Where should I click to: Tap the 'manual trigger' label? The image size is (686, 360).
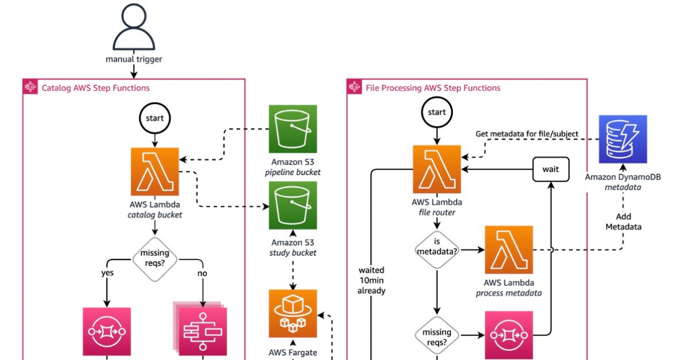(134, 59)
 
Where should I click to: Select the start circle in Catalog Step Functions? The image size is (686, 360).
(154, 118)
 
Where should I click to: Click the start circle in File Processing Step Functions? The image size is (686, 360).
(437, 112)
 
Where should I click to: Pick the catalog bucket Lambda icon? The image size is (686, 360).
(154, 171)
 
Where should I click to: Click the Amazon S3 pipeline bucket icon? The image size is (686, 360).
(293, 129)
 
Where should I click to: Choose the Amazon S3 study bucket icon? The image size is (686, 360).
(293, 205)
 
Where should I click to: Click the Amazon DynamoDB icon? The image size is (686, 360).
(623, 139)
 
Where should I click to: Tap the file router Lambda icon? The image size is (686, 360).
(437, 169)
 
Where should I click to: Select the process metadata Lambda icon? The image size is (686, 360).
(509, 250)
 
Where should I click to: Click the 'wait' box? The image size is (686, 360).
(551, 169)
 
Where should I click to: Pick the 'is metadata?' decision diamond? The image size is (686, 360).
(437, 250)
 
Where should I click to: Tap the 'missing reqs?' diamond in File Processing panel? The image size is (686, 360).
(437, 336)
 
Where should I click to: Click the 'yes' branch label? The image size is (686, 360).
(107, 273)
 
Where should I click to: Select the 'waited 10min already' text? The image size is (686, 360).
(372, 280)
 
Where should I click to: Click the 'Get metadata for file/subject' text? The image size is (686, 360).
(527, 134)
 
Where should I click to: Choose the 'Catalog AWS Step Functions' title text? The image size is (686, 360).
(95, 88)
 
